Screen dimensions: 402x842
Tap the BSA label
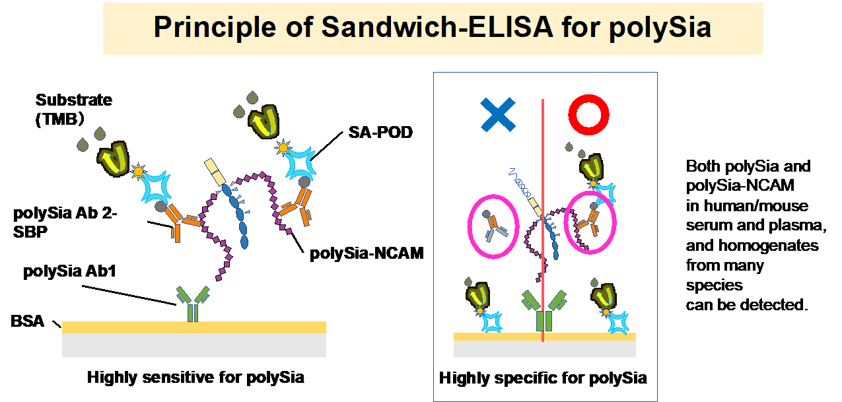(27, 322)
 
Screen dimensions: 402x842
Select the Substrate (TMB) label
(73, 109)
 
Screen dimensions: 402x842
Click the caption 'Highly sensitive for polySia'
(195, 378)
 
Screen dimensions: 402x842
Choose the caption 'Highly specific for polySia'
(543, 378)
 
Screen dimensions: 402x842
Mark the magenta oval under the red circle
(590, 223)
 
